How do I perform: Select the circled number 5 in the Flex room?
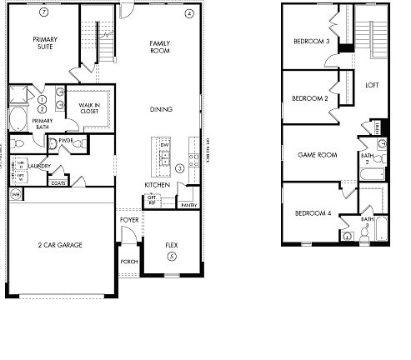(172, 257)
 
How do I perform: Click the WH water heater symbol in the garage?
(15, 194)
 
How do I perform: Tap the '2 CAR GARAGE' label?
(58, 244)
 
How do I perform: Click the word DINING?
(161, 107)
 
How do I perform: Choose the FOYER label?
(129, 220)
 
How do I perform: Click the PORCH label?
(129, 261)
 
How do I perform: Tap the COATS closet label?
(58, 182)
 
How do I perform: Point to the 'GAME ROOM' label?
(317, 155)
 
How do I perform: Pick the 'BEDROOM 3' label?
(310, 42)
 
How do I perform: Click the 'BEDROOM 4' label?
(313, 213)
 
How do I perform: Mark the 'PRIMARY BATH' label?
(42, 124)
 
